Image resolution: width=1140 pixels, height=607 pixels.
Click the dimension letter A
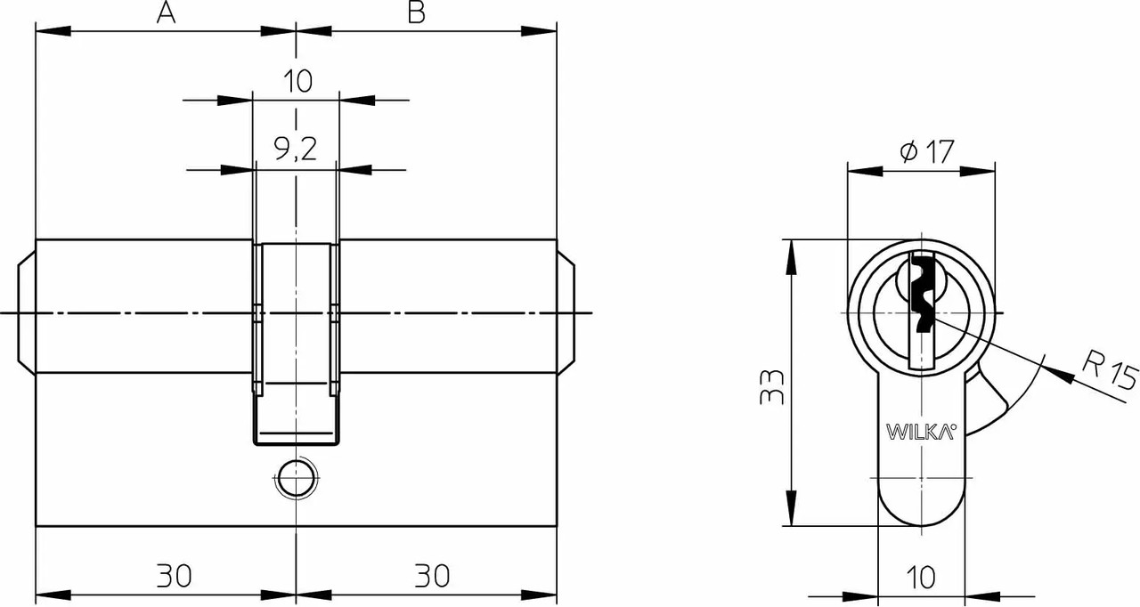[166, 12]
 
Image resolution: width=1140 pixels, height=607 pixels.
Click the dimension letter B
[416, 12]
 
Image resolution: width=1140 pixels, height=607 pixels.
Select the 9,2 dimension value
[296, 150]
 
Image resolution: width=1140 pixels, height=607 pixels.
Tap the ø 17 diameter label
[926, 151]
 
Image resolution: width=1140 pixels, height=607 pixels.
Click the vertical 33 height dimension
[771, 387]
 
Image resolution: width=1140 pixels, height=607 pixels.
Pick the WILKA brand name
[921, 432]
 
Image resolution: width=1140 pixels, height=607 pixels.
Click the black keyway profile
[924, 295]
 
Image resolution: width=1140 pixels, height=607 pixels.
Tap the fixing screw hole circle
[296, 478]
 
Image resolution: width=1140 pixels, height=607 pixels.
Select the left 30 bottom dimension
[174, 576]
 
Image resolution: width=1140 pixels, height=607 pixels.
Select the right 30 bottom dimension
[432, 576]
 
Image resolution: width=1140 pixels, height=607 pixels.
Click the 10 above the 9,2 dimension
[297, 81]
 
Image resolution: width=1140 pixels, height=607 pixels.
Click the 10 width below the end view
[921, 578]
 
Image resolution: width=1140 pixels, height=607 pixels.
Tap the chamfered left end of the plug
[27, 312]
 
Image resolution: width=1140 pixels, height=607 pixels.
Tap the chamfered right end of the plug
[566, 312]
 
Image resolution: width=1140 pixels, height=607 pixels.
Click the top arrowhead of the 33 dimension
[791, 256]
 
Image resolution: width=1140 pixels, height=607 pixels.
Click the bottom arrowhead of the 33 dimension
[791, 508]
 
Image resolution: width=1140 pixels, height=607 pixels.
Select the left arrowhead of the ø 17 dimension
[865, 171]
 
